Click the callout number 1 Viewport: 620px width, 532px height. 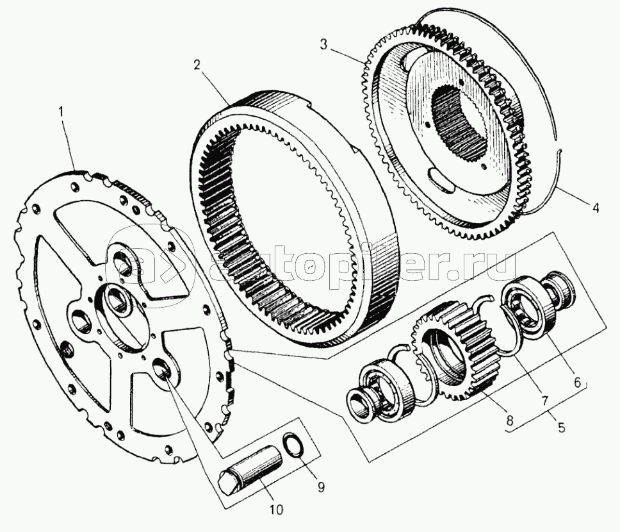point(61,112)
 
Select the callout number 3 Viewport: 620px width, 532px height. point(324,45)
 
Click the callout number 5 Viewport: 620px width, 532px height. point(561,427)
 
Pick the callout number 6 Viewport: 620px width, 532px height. point(578,383)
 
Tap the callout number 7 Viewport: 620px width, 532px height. point(544,401)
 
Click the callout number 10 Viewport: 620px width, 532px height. point(277,510)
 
